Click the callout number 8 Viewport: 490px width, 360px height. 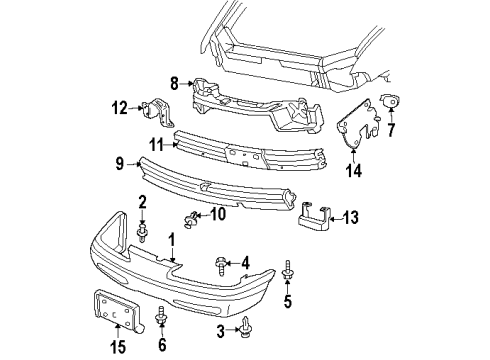(x=174, y=84)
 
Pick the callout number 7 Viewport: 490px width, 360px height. (x=391, y=129)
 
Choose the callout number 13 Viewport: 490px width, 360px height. (x=350, y=216)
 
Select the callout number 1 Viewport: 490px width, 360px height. (x=171, y=239)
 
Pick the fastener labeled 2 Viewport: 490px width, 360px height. (x=143, y=234)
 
